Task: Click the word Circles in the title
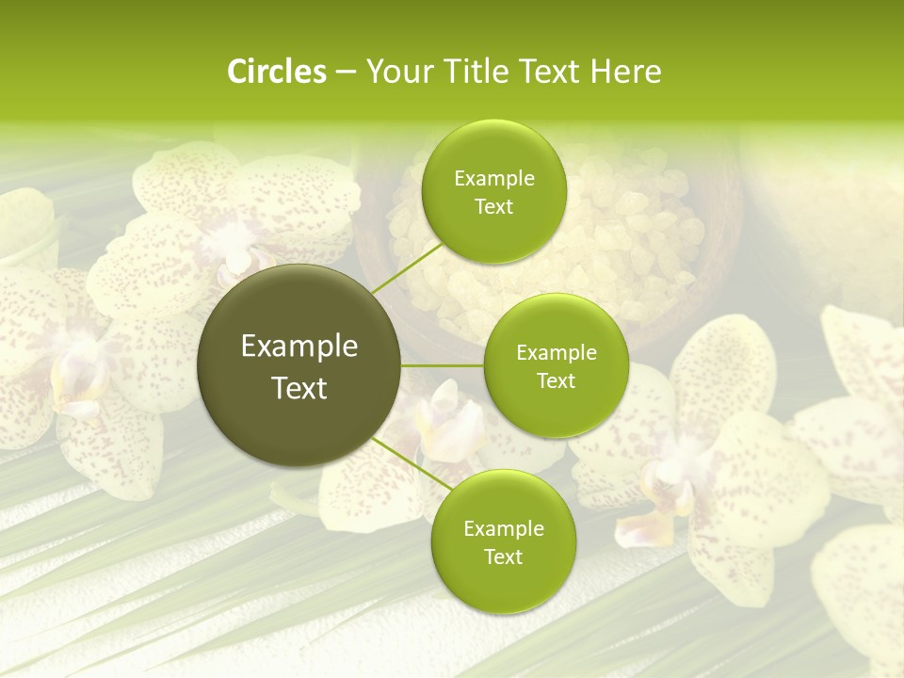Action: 276,72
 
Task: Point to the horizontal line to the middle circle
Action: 443,365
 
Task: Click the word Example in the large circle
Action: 299,347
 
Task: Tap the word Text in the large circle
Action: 299,388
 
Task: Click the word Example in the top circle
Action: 493,179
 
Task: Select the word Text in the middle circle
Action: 556,380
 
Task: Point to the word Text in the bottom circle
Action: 503,557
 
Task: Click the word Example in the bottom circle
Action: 503,529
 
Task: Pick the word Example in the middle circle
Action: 556,353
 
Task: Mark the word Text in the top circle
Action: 493,206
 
